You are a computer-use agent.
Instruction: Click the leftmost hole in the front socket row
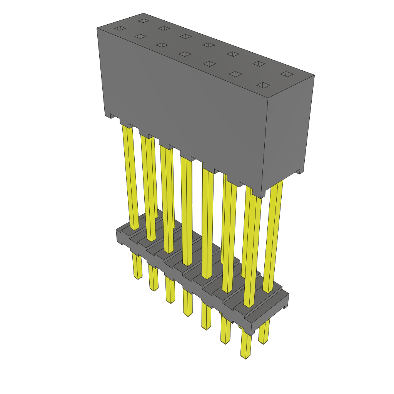point(120,28)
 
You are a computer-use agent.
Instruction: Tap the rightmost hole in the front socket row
point(264,85)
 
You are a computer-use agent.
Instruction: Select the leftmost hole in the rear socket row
point(144,20)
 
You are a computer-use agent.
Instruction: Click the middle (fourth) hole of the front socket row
point(185,54)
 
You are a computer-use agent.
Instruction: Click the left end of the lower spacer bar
point(119,237)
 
